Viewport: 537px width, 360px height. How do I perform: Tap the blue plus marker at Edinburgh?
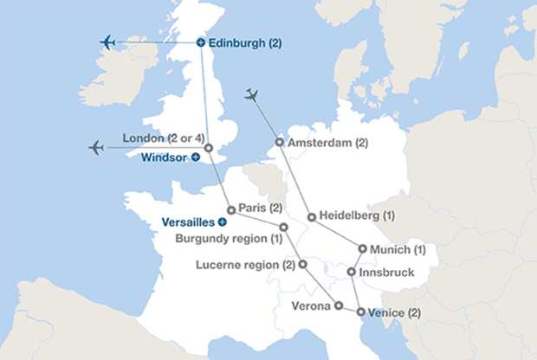tap(201, 42)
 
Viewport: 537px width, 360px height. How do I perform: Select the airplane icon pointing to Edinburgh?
tap(108, 42)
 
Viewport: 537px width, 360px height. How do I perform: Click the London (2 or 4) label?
tap(162, 138)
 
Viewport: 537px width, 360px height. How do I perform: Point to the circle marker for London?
tap(208, 147)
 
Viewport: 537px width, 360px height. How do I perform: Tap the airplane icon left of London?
tap(96, 147)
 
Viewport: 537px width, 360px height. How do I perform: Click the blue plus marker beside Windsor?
tap(196, 157)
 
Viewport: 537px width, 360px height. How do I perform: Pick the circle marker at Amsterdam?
tap(279, 142)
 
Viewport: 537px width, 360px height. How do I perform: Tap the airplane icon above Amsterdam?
tap(252, 94)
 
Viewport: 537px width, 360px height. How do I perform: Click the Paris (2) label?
tap(261, 209)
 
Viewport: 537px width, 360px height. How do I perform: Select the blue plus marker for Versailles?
tap(222, 222)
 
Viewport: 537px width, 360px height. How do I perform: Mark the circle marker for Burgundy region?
tap(283, 226)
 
